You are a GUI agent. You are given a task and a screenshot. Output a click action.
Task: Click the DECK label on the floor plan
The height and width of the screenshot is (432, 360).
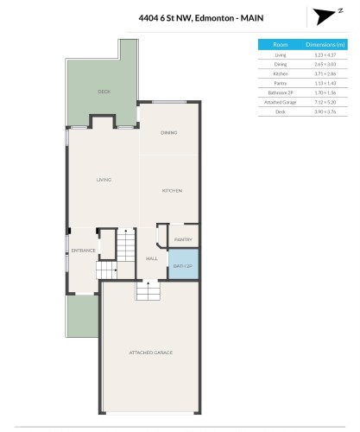pyautogui.click(x=104, y=91)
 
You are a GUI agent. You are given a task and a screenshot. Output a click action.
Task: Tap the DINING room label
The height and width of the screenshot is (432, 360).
pyautogui.click(x=169, y=132)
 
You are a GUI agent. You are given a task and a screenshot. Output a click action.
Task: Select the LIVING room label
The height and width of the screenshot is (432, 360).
pyautogui.click(x=104, y=180)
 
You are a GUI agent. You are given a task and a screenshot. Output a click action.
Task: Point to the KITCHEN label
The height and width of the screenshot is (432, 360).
pyautogui.click(x=172, y=190)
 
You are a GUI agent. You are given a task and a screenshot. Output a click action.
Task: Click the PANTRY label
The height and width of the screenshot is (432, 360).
pyautogui.click(x=182, y=239)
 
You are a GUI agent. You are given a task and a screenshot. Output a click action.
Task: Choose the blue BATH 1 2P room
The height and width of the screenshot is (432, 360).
pyautogui.click(x=183, y=264)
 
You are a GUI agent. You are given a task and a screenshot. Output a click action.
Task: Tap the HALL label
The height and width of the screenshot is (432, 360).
pyautogui.click(x=151, y=258)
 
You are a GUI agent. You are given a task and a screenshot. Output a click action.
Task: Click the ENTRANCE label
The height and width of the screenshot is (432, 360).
pyautogui.click(x=83, y=251)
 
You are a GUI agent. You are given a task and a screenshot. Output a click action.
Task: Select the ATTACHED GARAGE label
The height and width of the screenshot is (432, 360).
pyautogui.click(x=151, y=353)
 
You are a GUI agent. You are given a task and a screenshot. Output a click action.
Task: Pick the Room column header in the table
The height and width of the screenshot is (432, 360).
pyautogui.click(x=280, y=44)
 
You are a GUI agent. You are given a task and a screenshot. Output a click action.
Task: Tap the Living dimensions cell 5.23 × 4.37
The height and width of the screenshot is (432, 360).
pyautogui.click(x=325, y=54)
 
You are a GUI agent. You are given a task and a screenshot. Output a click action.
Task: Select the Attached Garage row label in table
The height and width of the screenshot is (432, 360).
pyautogui.click(x=280, y=102)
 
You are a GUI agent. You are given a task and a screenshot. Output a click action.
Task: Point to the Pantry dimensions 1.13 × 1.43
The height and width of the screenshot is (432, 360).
pyautogui.click(x=325, y=83)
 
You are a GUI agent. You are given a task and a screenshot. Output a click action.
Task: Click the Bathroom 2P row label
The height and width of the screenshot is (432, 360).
pyautogui.click(x=280, y=92)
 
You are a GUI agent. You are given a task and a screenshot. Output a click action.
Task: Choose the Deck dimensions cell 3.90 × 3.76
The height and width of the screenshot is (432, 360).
pyautogui.click(x=325, y=111)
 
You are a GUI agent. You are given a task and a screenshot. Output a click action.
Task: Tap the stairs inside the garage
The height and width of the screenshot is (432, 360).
pyautogui.click(x=148, y=292)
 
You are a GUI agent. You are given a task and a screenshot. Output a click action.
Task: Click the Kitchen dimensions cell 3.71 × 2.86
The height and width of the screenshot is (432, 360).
pyautogui.click(x=325, y=73)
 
